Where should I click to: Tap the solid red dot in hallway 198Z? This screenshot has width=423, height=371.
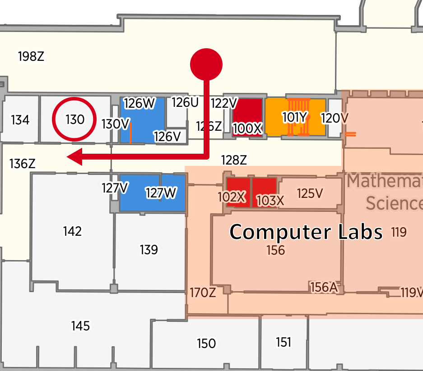tap(206, 64)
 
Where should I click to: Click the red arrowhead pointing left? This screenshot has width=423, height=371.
tap(75, 157)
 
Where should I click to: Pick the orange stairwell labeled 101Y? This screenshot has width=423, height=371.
tap(295, 117)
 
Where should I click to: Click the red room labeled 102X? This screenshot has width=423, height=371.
tap(238, 192)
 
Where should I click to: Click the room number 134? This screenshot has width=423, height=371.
tap(20, 120)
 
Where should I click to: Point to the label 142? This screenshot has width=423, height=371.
tap(72, 231)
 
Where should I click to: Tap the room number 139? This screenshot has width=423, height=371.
tap(149, 249)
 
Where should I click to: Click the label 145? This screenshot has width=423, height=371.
tap(80, 325)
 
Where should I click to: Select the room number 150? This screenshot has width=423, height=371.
tap(206, 344)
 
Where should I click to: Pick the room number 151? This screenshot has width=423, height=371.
tap(284, 343)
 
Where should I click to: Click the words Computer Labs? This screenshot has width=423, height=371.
tap(306, 232)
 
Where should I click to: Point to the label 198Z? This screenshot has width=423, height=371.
tap(31, 57)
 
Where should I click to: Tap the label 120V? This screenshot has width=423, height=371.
tap(335, 118)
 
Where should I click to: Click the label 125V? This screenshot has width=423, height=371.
tap(310, 193)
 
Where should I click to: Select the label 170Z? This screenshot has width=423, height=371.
tap(202, 293)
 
